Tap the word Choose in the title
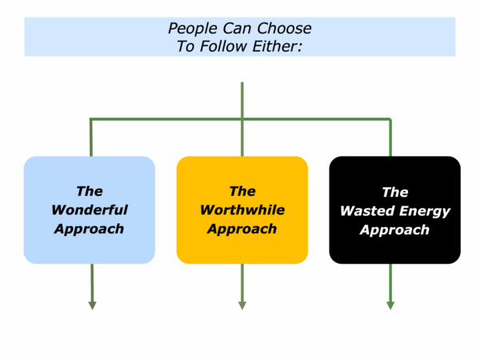[284, 29]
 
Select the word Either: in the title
[278, 46]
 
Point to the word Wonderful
[90, 210]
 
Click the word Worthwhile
[242, 210]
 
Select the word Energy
[425, 212]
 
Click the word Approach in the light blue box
[89, 230]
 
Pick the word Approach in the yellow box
[242, 230]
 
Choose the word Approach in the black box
[394, 230]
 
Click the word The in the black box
[395, 192]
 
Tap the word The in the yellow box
[242, 191]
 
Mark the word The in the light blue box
[90, 191]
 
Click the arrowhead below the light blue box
[92, 306]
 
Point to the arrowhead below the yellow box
[242, 306]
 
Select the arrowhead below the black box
[390, 306]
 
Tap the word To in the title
[186, 46]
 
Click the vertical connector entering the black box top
[390, 138]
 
